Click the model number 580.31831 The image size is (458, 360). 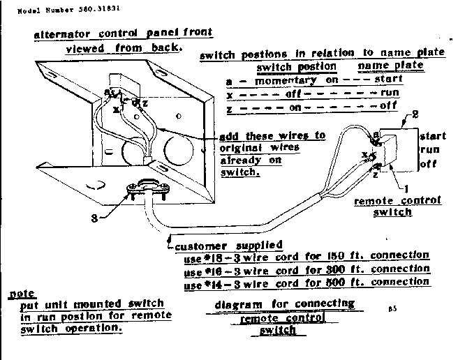point(80,10)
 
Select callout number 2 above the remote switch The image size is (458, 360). point(415,115)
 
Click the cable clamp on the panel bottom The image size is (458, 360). point(145,189)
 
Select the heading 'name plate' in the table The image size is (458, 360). point(390,66)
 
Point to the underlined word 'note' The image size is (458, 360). point(22,294)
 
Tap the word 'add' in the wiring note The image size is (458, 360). point(230,135)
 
